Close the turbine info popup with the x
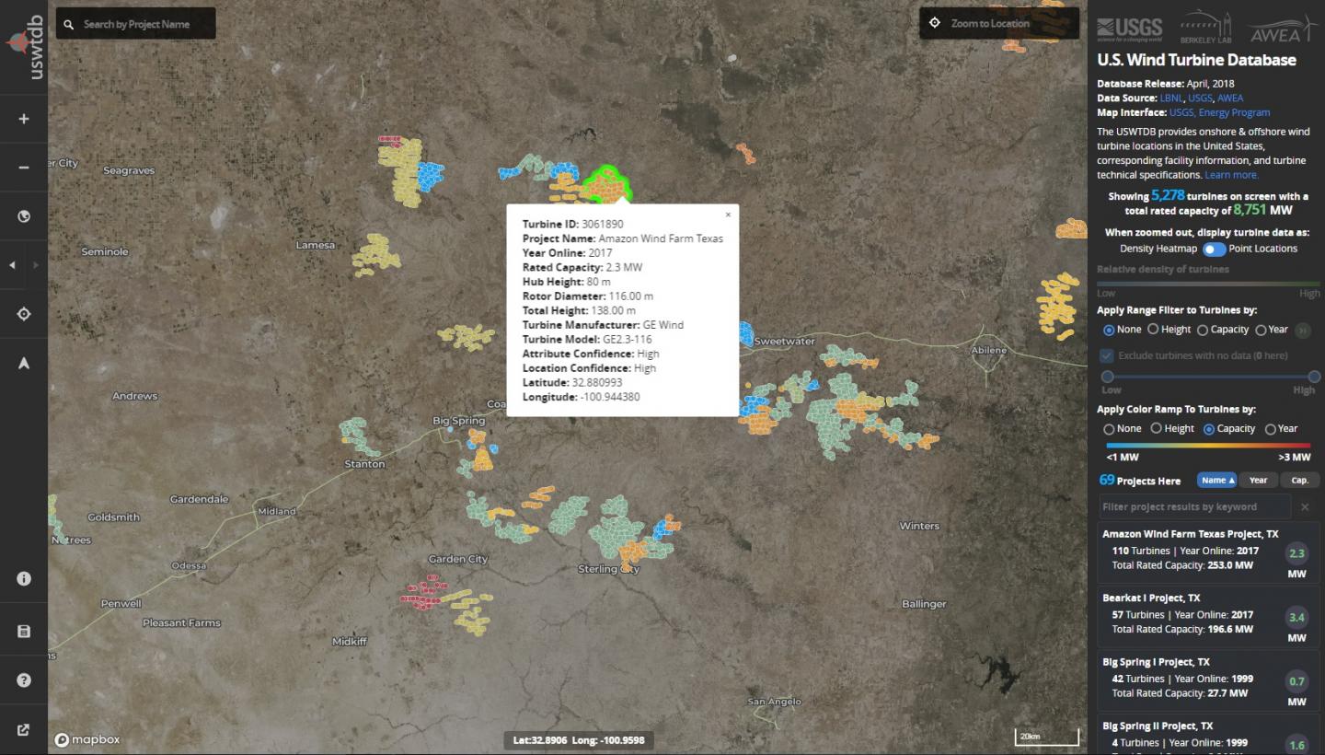[728, 215]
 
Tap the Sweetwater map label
[784, 342]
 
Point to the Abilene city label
[989, 351]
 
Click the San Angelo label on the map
[769, 702]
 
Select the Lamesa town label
[316, 245]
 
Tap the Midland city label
[277, 511]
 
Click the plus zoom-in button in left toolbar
[24, 119]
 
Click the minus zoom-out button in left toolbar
[24, 168]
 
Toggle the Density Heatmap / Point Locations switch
[1214, 249]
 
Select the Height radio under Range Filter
[1153, 329]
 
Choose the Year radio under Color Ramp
[1271, 428]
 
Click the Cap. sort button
[1299, 480]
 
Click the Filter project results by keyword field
[1194, 506]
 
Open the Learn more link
[1231, 175]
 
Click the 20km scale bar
[1046, 737]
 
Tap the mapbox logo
[87, 739]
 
